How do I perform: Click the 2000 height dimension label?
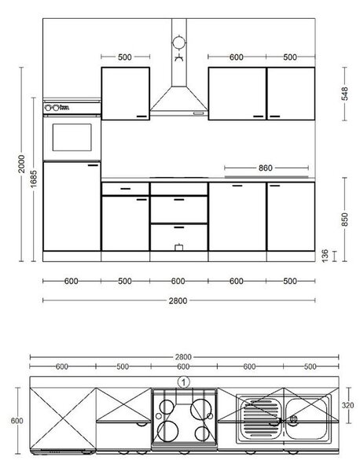coord(21,164)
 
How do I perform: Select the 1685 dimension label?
coord(34,179)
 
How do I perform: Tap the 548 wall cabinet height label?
coord(344,94)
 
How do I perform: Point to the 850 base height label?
coord(344,219)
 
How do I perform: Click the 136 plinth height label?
coord(325,256)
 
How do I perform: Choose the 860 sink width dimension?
coord(265,168)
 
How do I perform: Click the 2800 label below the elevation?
coord(178,301)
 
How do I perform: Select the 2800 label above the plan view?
coord(183,357)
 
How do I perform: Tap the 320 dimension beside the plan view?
coord(347,405)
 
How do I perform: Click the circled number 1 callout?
coord(184,382)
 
